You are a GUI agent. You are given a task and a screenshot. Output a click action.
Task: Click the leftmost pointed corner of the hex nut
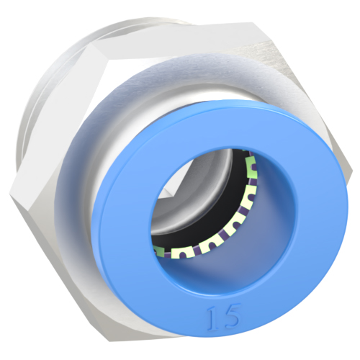click(13, 193)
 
